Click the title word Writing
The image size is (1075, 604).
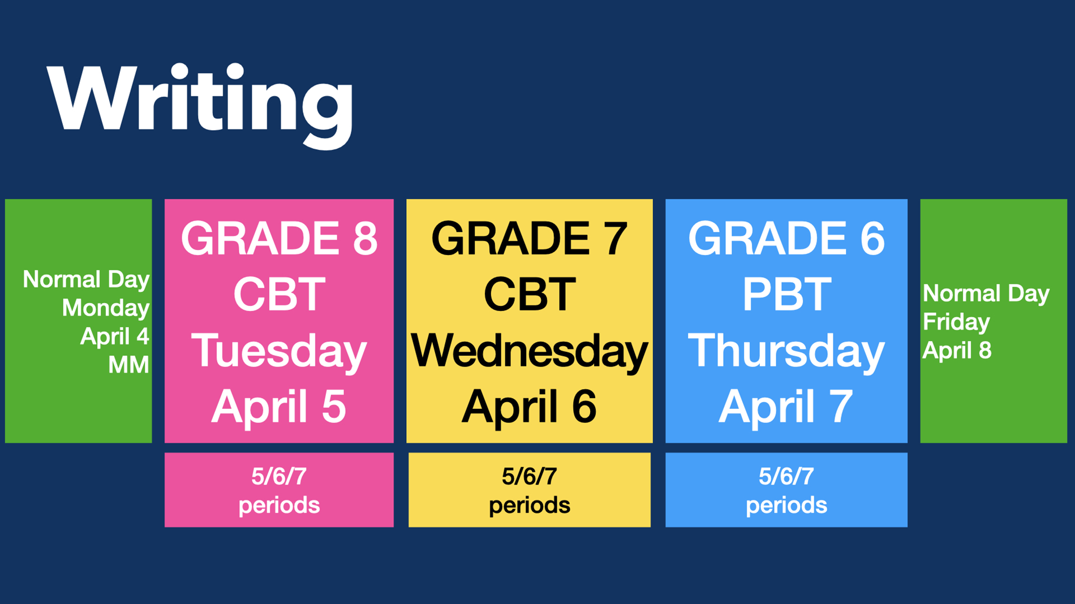pos(200,105)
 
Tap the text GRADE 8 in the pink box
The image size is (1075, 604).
pos(279,238)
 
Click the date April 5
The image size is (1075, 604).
pos(279,407)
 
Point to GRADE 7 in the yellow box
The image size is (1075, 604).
pos(530,238)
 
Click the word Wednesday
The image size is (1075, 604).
pos(530,351)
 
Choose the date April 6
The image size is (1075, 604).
pos(530,407)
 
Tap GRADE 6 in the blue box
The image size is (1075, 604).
pos(786,238)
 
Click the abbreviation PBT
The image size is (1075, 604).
pos(786,294)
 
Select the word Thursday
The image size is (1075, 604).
pos(786,351)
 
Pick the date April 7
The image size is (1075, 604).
pos(786,407)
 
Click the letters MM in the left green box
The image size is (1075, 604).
pos(128,365)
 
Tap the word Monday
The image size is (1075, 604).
pos(105,308)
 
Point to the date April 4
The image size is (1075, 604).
pos(114,336)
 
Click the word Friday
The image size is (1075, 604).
pos(956,322)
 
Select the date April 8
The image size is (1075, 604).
pos(957,351)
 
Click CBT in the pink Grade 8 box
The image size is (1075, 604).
pos(279,294)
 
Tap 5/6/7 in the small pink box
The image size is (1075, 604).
pos(279,477)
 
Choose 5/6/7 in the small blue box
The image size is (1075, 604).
pos(786,477)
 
